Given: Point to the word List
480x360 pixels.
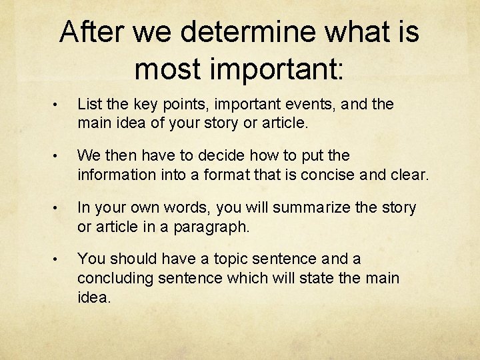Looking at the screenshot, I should [90, 104].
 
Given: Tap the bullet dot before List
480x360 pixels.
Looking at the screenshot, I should [59, 105].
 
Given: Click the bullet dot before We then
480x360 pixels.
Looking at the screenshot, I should [59, 156].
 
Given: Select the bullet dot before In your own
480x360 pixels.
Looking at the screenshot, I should [59, 208].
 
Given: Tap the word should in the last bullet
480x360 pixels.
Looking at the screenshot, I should [132, 259].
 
